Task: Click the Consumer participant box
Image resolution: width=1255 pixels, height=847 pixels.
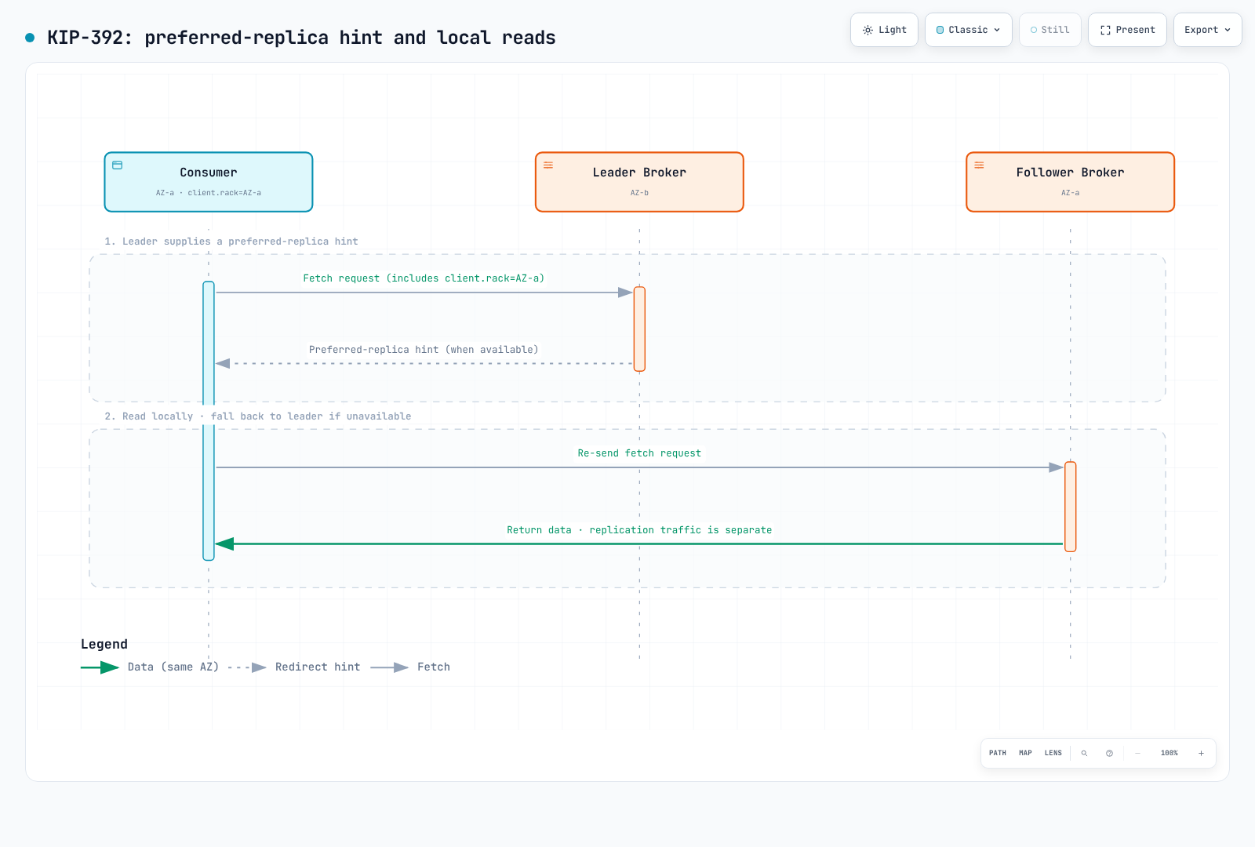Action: point(209,182)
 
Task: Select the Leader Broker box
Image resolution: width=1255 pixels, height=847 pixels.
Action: point(639,182)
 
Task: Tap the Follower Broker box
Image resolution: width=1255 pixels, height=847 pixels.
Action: point(1070,182)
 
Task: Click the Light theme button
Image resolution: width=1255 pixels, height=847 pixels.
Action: point(884,30)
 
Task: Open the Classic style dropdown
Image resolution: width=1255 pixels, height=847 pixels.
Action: point(968,30)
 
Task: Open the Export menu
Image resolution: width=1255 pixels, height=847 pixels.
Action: point(1207,30)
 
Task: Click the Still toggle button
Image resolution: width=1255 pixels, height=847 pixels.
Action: point(1050,30)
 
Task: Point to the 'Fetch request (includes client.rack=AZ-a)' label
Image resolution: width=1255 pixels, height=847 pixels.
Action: point(424,278)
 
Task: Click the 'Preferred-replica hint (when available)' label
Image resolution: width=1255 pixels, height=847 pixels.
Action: point(424,350)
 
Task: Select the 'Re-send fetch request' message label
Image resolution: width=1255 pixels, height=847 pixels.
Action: point(639,453)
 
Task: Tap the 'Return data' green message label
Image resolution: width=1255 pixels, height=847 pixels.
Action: point(639,530)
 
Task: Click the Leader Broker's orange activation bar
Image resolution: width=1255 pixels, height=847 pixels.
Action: point(639,329)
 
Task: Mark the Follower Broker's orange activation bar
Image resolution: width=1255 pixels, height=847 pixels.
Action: point(1070,507)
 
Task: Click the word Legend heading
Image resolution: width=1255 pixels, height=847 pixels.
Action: point(104,644)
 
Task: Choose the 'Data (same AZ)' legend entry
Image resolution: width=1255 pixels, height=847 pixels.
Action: point(150,667)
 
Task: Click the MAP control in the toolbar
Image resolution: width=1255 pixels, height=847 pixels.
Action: point(1025,753)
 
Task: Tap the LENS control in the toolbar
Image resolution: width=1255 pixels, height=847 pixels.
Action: point(1053,753)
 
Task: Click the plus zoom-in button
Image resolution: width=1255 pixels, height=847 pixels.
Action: point(1201,754)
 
